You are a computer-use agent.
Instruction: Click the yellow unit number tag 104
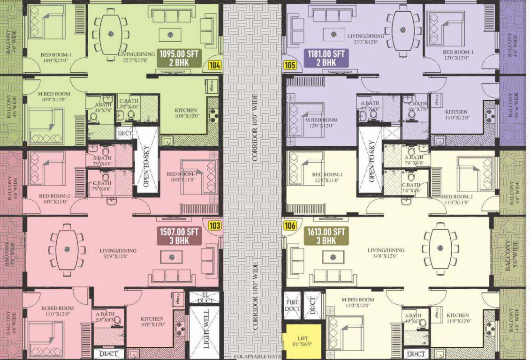tap(215, 66)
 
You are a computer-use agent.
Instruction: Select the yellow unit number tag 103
tap(215, 226)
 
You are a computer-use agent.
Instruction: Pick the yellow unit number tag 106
tap(290, 226)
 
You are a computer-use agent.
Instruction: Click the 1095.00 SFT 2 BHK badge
tap(180, 58)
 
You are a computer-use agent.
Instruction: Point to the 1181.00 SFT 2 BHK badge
tap(326, 58)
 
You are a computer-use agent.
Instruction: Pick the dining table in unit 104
tap(111, 33)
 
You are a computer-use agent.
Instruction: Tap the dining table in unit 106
tap(439, 248)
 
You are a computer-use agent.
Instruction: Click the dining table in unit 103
tap(68, 248)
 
